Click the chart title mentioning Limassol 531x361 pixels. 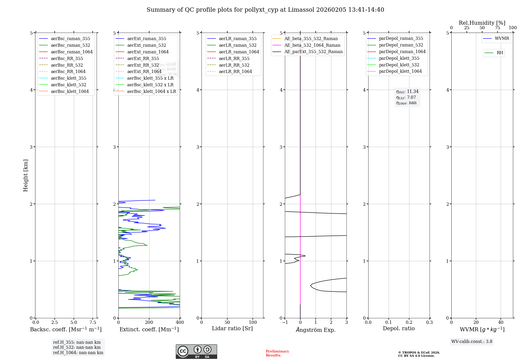pyautogui.click(x=265, y=10)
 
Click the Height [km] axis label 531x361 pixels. pyautogui.click(x=25, y=175)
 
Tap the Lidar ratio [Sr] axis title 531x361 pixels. pyautogui.click(x=232, y=329)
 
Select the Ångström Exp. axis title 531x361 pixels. pyautogui.click(x=316, y=330)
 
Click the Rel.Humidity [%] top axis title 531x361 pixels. pyautogui.click(x=482, y=23)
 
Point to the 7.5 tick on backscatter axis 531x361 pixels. pyautogui.click(x=93, y=323)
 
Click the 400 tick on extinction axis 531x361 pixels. pyautogui.click(x=180, y=323)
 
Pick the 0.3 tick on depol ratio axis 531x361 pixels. pyautogui.click(x=429, y=323)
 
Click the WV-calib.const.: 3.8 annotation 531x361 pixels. pyautogui.click(x=472, y=342)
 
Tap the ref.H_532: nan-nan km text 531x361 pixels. pyautogui.click(x=77, y=347)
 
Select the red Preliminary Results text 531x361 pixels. pyautogui.click(x=277, y=353)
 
